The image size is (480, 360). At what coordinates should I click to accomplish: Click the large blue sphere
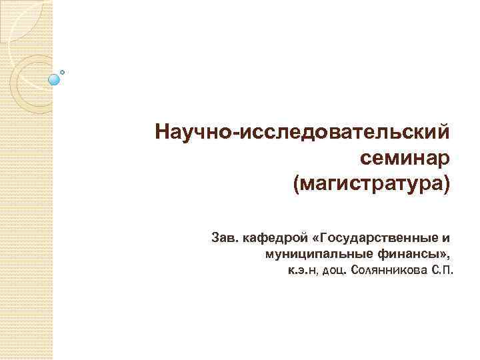[x=55, y=79]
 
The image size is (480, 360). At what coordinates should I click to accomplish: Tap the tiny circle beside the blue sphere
[x=63, y=71]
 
